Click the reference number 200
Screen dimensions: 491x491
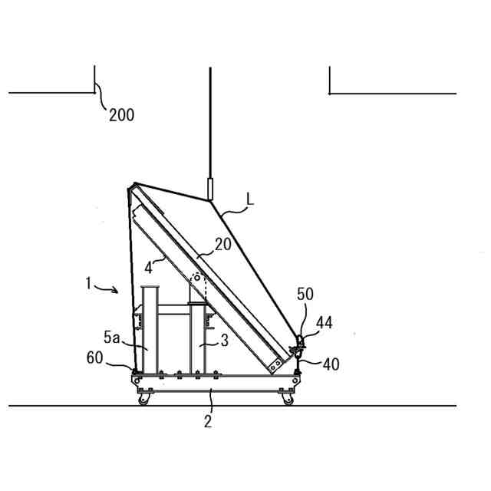coord(122,115)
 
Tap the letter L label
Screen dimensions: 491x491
coord(249,199)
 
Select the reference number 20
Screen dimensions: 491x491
coord(223,244)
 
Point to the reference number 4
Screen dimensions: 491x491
coord(148,268)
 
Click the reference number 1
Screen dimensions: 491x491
coord(89,283)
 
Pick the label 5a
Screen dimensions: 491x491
coord(112,338)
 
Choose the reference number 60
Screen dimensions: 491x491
coord(94,358)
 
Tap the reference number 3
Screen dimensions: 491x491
coord(225,341)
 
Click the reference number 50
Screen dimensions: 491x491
coord(305,295)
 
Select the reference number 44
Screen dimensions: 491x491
coord(324,323)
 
